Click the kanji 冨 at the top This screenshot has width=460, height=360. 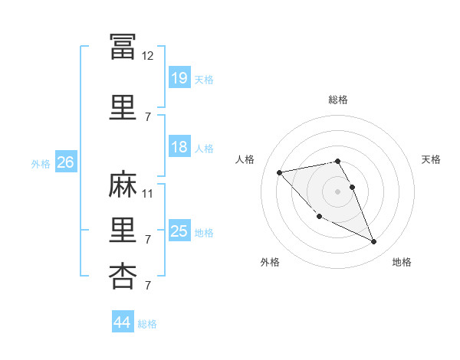(x=123, y=47)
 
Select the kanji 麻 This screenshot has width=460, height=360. (x=123, y=184)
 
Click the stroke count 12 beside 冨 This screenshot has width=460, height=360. (x=147, y=56)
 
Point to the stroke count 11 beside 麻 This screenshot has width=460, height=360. (x=147, y=194)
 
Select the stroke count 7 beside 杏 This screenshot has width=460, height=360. (x=148, y=285)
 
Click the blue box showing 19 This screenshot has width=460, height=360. (x=179, y=77)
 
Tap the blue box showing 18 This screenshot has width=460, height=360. (x=179, y=146)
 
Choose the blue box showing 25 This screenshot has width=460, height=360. (x=179, y=230)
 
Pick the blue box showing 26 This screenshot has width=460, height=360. (x=66, y=162)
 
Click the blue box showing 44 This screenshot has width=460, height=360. (x=123, y=321)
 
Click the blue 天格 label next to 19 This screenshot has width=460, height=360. (x=204, y=80)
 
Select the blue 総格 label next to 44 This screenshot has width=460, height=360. (x=147, y=324)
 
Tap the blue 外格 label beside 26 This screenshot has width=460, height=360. (x=41, y=164)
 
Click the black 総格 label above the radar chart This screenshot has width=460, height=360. (x=338, y=100)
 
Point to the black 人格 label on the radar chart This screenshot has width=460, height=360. (x=245, y=159)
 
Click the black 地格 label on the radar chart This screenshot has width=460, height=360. (x=402, y=262)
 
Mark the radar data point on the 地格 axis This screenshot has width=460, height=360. (x=374, y=241)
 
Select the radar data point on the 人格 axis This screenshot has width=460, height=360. (x=280, y=172)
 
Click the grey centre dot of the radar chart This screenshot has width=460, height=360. (x=337, y=191)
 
